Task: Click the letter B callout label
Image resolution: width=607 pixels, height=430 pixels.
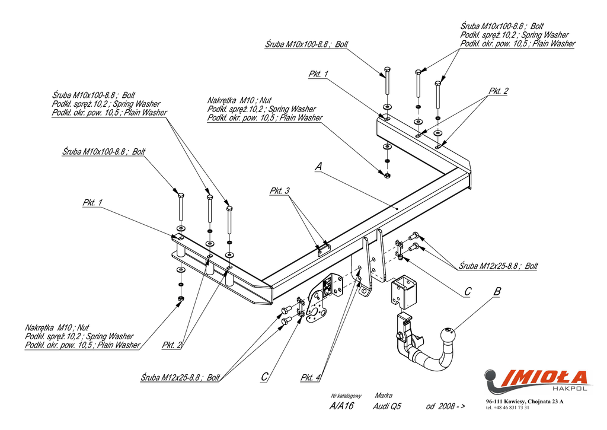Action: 497,291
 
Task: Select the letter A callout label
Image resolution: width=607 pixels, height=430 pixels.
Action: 318,167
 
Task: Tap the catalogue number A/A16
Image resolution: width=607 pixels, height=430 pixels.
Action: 341,406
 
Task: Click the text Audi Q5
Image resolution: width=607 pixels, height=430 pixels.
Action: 387,406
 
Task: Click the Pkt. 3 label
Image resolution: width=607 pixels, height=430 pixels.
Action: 280,190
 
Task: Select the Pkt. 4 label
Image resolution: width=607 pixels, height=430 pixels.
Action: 310,377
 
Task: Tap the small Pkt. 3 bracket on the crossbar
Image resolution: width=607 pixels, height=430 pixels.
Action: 323,249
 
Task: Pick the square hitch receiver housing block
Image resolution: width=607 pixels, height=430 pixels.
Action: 404,292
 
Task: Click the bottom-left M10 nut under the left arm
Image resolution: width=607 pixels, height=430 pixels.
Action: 180,299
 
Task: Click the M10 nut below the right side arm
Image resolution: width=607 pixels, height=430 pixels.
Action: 386,176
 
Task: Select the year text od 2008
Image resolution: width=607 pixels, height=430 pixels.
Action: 445,406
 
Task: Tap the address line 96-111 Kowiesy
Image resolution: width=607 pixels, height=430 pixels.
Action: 525,402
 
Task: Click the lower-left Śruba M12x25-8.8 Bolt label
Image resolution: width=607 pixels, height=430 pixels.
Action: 180,377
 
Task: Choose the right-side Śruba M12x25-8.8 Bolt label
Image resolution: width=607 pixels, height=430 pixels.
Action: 499,266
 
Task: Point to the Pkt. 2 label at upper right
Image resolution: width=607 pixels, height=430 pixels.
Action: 498,91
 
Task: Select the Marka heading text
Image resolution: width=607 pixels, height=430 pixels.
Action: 384,396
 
